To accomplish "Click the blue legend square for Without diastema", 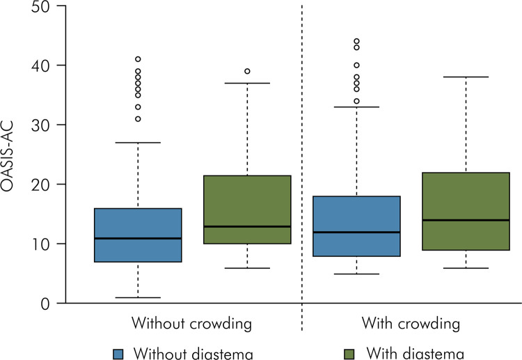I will pyautogui.click(x=119, y=353).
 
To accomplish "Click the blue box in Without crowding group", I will pyautogui.click(x=138, y=235).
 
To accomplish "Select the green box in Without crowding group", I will pyautogui.click(x=247, y=210).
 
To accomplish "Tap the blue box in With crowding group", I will pyautogui.click(x=356, y=226).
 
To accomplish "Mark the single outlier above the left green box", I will pyautogui.click(x=247, y=71).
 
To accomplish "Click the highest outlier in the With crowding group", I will pyautogui.click(x=356, y=42).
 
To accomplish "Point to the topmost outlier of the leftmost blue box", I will pyautogui.click(x=138, y=59).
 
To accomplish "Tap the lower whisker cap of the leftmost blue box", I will pyautogui.click(x=138, y=297).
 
